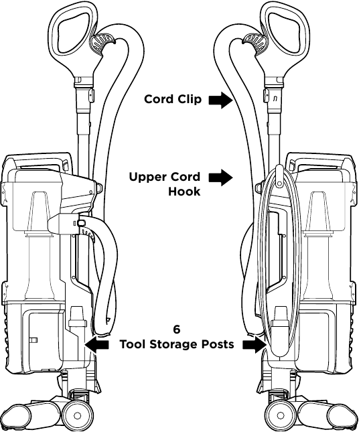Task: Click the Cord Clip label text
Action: [173, 99]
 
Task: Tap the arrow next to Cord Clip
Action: [221, 100]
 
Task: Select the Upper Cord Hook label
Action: [165, 184]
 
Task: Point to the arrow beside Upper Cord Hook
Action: [221, 177]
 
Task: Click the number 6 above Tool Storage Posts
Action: [177, 330]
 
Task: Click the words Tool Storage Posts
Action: [177, 344]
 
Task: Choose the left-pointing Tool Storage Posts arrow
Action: [96, 344]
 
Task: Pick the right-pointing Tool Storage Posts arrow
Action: [255, 344]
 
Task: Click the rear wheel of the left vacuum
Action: [77, 415]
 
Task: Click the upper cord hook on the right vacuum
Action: [279, 175]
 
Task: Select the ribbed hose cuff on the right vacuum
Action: [255, 43]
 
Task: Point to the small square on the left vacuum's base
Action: [34, 340]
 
